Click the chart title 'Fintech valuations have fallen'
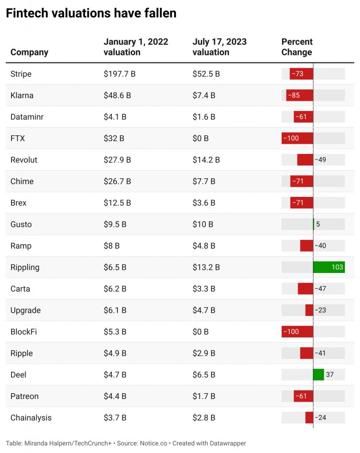(91, 13)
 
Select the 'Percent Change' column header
(297, 47)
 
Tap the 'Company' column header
(30, 52)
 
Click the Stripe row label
(21, 74)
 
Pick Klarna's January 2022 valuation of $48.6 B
(117, 96)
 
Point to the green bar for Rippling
(329, 267)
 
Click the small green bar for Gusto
(314, 224)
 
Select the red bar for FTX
(297, 138)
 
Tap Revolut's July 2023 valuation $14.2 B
(206, 160)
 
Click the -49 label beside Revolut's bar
(320, 160)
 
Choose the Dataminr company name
(27, 117)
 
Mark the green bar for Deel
(319, 375)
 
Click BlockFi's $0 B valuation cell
(200, 332)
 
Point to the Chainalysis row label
(31, 418)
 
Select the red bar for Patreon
(303, 396)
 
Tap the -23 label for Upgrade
(320, 310)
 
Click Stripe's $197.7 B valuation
(119, 74)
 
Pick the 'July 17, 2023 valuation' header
(220, 47)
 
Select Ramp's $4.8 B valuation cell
(204, 246)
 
